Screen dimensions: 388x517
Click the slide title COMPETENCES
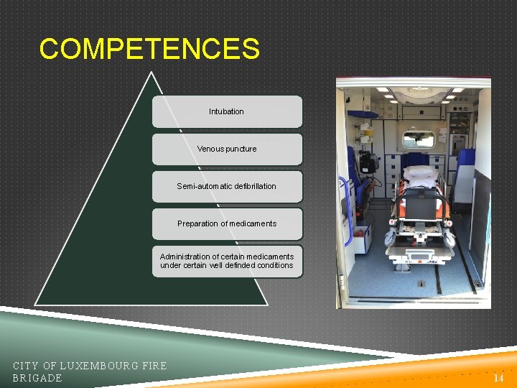[149, 49]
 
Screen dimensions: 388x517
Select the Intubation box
[227, 111]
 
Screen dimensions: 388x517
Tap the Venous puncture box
[227, 149]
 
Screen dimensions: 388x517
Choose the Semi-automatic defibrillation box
[227, 186]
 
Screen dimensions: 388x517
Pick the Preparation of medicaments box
[227, 223]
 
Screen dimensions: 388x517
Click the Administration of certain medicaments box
[227, 261]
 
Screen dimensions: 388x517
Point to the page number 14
[498, 377]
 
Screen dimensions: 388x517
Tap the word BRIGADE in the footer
[37, 378]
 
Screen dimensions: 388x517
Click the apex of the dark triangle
[150, 73]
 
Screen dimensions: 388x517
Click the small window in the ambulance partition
[418, 139]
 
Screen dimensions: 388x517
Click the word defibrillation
[248, 186]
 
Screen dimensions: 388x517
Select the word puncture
[240, 149]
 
